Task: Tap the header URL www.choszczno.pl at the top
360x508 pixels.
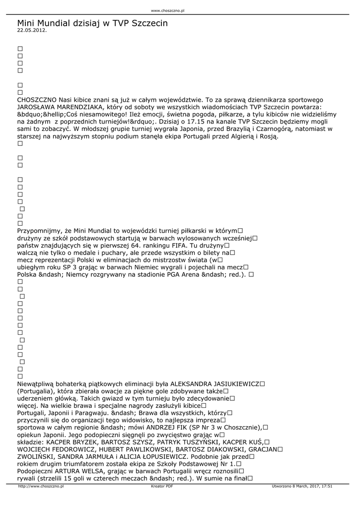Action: (x=167, y=10)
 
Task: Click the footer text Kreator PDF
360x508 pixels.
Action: (x=162, y=487)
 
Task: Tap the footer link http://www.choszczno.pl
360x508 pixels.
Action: (x=41, y=487)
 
